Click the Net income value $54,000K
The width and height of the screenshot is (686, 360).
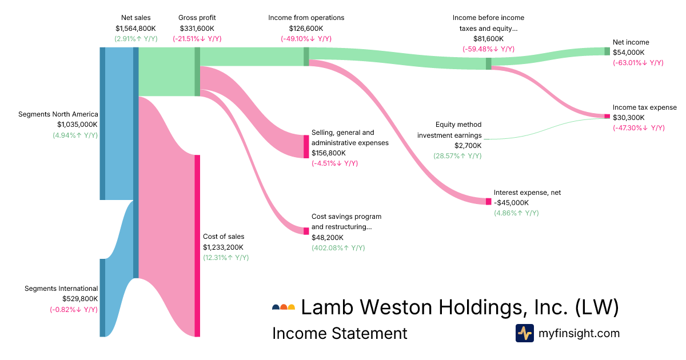[628, 52]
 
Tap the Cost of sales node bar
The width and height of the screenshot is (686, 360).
[197, 246]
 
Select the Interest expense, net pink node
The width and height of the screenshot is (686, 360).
[488, 202]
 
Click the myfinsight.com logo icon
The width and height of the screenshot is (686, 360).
[524, 333]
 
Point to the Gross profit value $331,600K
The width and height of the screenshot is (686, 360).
[197, 28]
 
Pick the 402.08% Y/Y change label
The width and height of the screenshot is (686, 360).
[338, 248]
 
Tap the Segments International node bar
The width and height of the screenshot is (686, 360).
[102, 298]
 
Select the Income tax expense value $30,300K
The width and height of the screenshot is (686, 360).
[628, 118]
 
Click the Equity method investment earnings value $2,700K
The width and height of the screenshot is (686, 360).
[468, 146]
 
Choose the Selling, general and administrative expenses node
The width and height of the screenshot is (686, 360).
[306, 146]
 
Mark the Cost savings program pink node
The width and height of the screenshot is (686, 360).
[306, 231]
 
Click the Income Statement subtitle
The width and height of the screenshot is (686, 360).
[340, 333]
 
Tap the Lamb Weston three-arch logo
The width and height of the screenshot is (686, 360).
[284, 307]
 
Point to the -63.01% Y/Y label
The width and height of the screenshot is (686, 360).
[637, 62]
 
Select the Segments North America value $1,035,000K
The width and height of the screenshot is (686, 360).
[77, 124]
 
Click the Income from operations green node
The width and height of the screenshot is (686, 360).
[306, 57]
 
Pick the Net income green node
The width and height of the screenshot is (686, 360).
[607, 51]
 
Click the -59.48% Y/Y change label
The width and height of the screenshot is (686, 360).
[488, 49]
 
